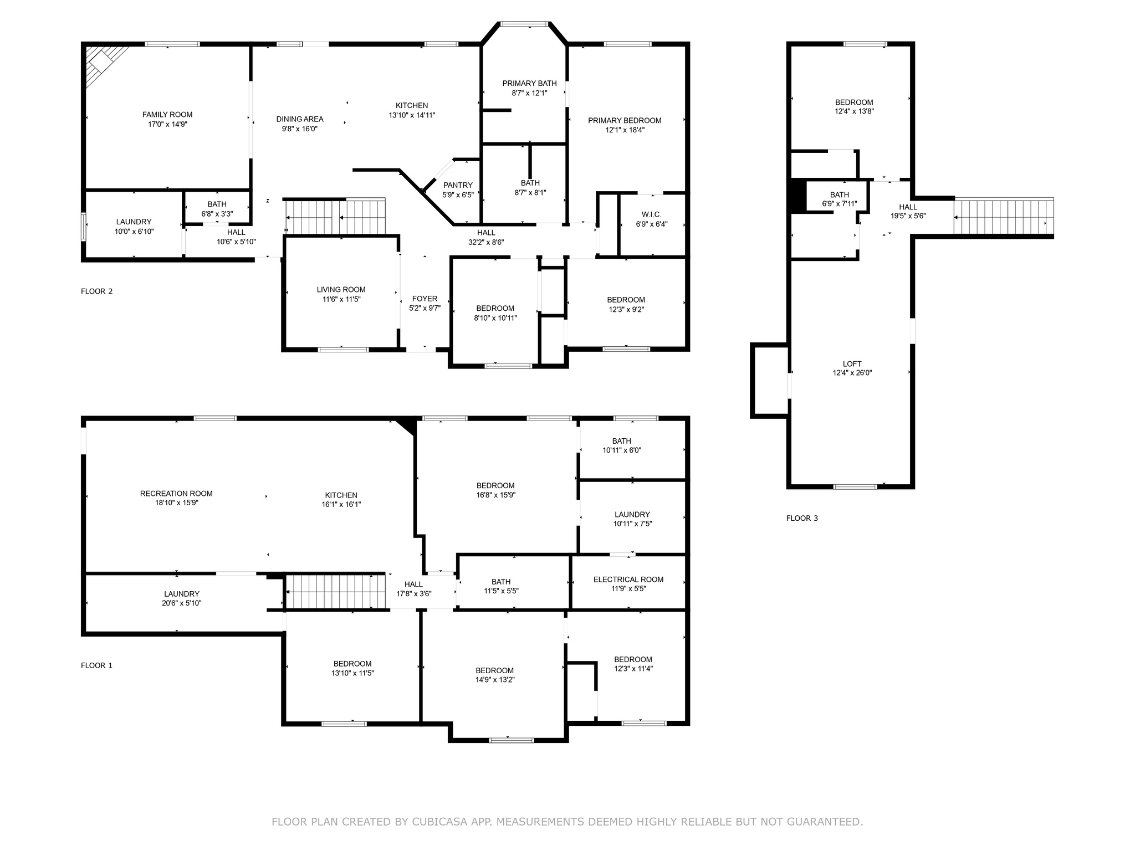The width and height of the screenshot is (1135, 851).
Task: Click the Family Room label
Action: point(167,115)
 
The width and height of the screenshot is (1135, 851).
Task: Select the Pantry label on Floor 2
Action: point(458,185)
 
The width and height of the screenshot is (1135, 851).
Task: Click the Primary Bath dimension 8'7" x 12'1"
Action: point(529,93)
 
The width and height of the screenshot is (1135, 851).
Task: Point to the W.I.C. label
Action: point(651,214)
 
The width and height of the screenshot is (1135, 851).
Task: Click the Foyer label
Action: point(425,299)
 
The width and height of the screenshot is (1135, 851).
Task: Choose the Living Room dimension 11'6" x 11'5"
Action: point(341,299)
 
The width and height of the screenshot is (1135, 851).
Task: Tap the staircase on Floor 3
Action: point(1004,217)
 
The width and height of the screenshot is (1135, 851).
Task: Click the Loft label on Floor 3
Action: point(852,364)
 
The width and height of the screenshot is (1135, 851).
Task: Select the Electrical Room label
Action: point(628,580)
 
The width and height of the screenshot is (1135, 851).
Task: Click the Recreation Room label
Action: point(176,494)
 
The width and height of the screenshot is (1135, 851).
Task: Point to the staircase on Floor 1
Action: point(335,591)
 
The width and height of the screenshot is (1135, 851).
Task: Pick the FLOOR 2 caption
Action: point(97,291)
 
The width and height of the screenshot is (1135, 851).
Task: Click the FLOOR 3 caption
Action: point(802,519)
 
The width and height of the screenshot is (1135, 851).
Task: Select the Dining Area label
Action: point(300,119)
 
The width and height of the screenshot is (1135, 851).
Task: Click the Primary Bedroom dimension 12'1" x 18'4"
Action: point(625,130)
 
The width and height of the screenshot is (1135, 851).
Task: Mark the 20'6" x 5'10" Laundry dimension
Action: point(182,603)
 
